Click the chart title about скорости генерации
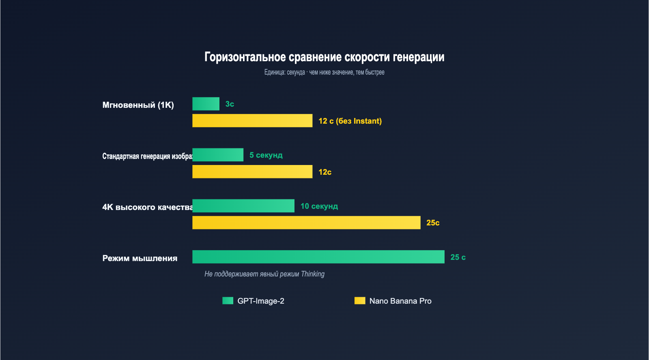324,57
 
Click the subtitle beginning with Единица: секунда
324,72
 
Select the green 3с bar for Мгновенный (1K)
206,104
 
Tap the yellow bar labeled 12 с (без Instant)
252,121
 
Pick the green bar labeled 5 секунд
218,155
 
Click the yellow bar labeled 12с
252,172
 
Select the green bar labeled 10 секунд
243,206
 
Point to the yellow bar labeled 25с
306,223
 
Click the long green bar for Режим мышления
318,257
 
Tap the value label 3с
230,104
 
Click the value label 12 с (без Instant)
350,121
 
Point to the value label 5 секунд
266,155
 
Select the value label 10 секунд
319,206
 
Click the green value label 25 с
458,257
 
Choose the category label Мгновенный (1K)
138,105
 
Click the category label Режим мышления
140,258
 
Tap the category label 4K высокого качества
147,207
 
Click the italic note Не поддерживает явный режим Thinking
264,274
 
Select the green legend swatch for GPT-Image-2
228,301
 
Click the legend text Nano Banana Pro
400,301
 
